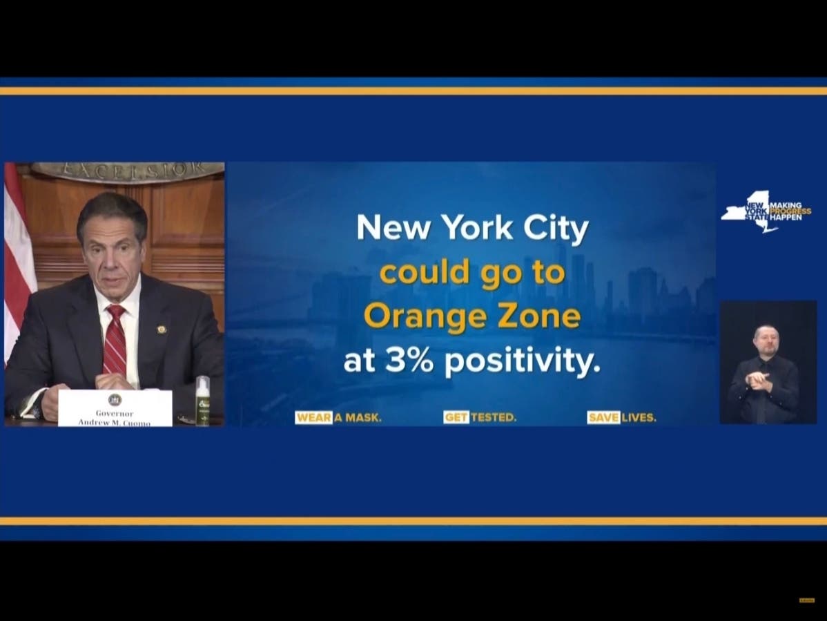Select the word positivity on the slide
523,362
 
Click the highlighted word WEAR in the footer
314,418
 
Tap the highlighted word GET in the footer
456,418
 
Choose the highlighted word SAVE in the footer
603,418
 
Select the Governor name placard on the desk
115,408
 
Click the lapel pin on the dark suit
162,329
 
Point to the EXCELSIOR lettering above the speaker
128,169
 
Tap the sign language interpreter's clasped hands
759,379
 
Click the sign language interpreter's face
766,339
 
